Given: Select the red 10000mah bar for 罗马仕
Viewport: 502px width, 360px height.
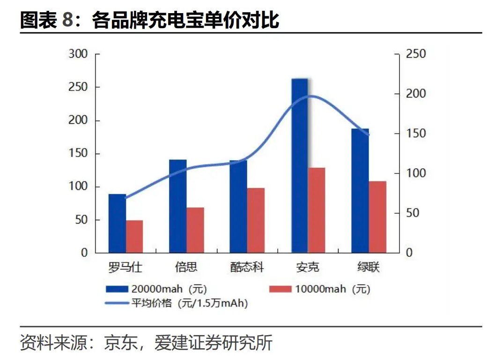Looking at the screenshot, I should coord(134,236).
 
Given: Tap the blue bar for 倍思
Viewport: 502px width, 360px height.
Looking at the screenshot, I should coord(178,206).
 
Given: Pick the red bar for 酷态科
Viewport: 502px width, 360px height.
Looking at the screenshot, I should coord(256,220).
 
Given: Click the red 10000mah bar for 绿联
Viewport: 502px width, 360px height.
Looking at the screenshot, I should coord(377,217).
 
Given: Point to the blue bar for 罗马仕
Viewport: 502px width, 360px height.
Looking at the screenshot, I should coord(117,223).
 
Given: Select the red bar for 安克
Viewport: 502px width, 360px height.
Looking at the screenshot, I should coord(317,210).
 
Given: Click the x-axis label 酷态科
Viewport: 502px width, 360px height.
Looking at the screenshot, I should coord(247,267).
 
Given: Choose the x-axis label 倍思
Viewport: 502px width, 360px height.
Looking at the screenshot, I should coord(186,267).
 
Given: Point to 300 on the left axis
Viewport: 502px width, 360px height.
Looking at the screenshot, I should coord(78,54).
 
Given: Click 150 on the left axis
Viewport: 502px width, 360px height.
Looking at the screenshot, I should coord(78,154).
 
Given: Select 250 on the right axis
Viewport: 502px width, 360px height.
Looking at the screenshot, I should coord(416,54).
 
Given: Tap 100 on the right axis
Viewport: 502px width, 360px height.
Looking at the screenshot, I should coord(416,173).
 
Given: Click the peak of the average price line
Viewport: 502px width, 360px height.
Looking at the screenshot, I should coord(310,96).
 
